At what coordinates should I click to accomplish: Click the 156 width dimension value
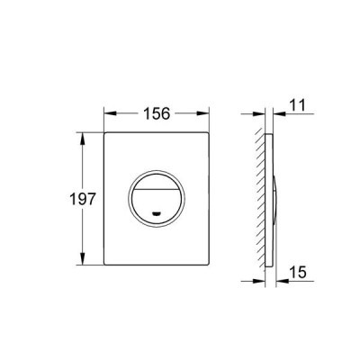coord(157,113)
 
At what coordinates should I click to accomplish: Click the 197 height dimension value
coord(83,199)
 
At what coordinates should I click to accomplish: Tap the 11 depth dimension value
coord(297,105)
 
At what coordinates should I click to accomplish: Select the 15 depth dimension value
coord(298,272)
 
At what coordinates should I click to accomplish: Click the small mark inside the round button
coord(156,213)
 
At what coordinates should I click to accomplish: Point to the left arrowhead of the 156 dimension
coord(110,113)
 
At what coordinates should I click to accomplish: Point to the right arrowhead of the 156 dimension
coord(202,113)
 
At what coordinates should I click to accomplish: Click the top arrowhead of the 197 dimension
coord(83,138)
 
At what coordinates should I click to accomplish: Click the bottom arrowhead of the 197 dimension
coord(83,259)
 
